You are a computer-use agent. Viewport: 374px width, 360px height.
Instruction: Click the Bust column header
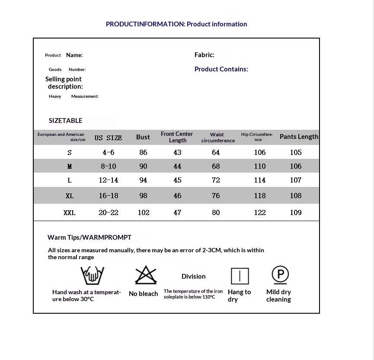tap(143, 137)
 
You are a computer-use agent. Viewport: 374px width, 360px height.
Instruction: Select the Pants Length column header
tap(299, 137)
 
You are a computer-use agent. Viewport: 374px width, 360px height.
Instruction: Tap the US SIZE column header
tap(108, 138)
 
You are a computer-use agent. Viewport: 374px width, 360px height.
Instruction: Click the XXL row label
tap(69, 212)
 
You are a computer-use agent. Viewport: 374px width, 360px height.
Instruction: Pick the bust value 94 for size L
tap(143, 180)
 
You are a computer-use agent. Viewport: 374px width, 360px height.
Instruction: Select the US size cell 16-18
tap(108, 196)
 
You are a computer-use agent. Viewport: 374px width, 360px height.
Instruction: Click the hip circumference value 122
tap(260, 212)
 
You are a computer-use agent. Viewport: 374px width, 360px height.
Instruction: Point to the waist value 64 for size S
tap(216, 152)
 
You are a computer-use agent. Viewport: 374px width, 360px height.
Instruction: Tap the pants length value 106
tap(296, 166)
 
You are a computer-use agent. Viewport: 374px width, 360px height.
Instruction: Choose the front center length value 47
tap(177, 212)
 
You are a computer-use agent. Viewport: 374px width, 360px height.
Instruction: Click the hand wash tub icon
tap(92, 275)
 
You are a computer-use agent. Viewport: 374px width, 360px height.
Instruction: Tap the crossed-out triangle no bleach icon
tap(146, 275)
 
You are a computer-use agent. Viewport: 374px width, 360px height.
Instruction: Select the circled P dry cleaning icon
tap(280, 275)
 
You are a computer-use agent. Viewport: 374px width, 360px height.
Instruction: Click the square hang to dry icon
tap(240, 276)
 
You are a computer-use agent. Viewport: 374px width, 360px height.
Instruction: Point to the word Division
tap(193, 276)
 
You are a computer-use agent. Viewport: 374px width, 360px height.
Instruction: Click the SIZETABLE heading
tap(65, 121)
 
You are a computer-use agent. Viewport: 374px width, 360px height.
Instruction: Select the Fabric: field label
tap(204, 55)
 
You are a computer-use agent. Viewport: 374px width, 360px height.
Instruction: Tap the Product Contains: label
tap(221, 69)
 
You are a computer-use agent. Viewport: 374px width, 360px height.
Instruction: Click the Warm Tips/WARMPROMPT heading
tap(90, 238)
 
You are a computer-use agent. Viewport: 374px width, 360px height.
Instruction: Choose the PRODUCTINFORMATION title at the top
tap(176, 24)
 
